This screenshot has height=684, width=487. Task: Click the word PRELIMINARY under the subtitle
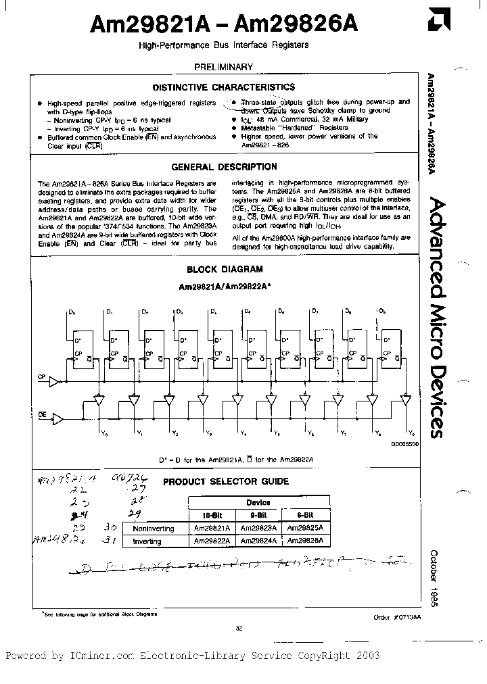click(x=223, y=67)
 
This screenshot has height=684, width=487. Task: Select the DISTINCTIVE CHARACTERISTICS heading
click(x=223, y=87)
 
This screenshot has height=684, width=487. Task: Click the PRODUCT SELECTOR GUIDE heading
click(x=226, y=482)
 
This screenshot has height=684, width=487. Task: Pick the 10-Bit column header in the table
click(x=212, y=515)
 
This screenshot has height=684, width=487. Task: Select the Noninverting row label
click(x=154, y=529)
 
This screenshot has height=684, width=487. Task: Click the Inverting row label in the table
click(x=148, y=541)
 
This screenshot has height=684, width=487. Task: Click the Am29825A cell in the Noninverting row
click(x=305, y=529)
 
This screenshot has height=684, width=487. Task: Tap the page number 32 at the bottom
click(x=239, y=629)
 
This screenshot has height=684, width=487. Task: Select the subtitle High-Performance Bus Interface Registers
click(x=223, y=45)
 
